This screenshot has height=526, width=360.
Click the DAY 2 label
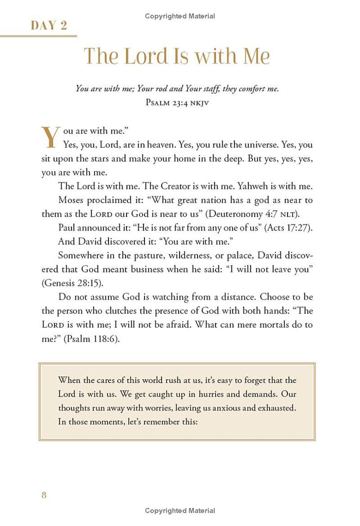tap(48, 25)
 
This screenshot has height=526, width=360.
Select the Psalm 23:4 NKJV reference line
tap(177, 102)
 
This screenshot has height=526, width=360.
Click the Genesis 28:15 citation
tap(68, 282)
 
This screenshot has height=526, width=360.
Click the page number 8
tap(44, 495)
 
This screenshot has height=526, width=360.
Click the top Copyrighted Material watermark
tap(180, 16)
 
